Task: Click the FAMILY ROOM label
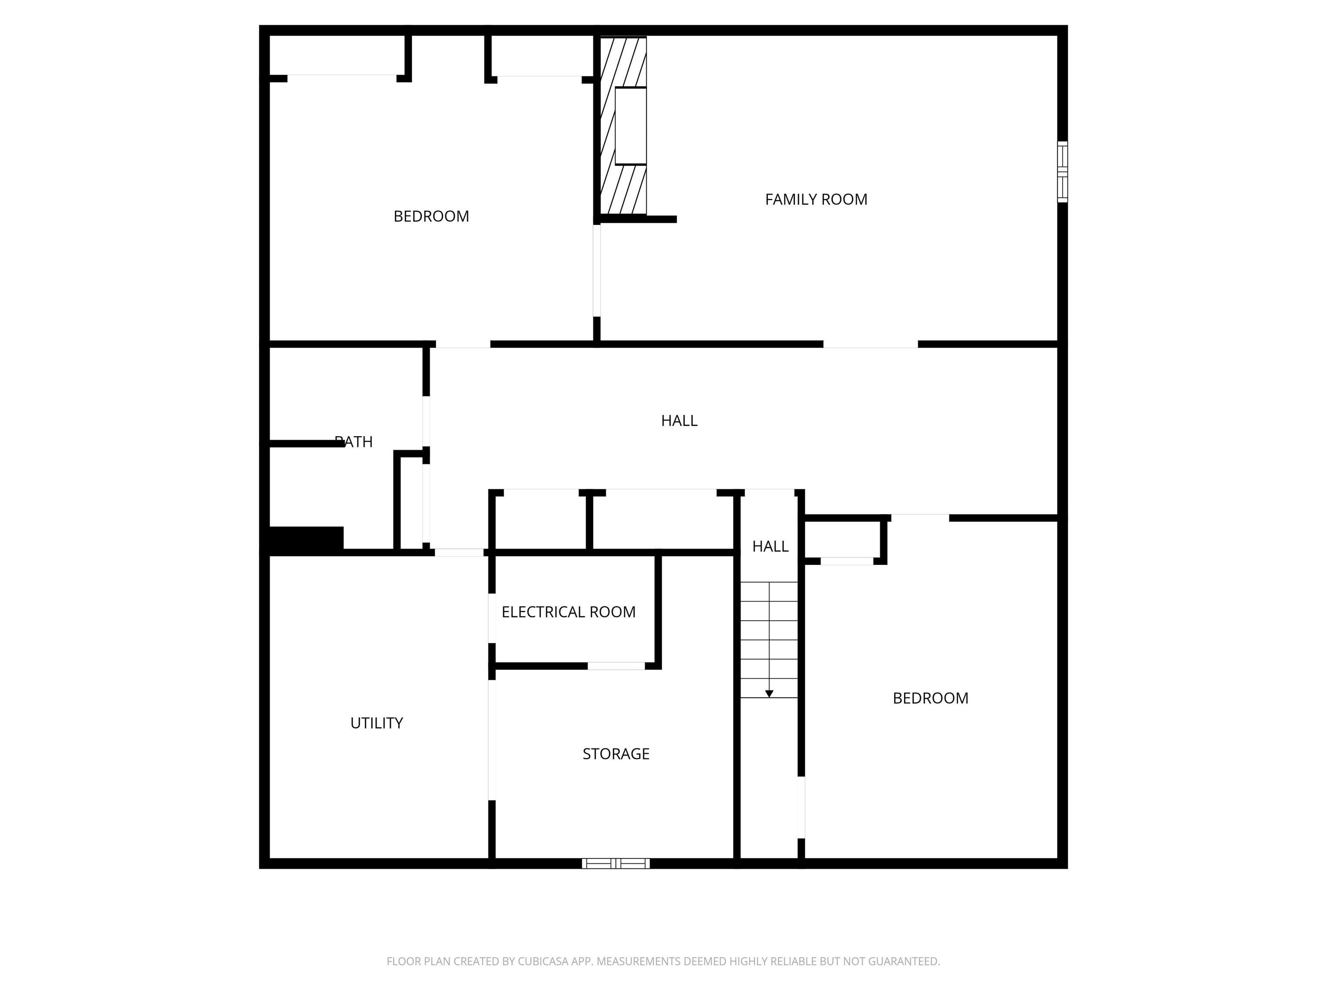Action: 816,199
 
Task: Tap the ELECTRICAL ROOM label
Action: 568,612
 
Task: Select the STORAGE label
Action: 616,754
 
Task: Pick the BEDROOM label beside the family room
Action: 431,216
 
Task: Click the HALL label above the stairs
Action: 770,546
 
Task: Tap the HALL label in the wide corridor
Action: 679,421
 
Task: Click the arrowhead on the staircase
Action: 769,694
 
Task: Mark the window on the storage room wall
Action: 616,864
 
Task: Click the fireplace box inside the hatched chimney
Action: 631,126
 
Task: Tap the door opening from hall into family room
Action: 870,344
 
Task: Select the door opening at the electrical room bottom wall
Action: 616,666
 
